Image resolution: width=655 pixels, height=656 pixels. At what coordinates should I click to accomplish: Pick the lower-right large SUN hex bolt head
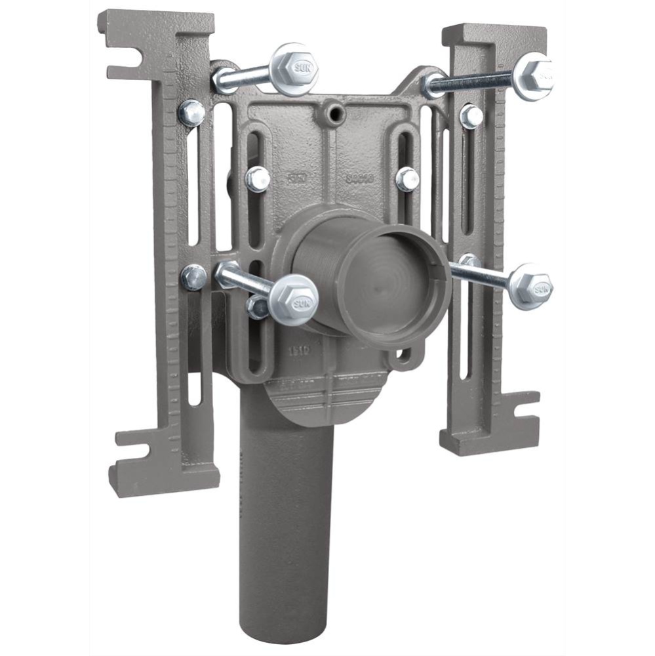tap(531, 286)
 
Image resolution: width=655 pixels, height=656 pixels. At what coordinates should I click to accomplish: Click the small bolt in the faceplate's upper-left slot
tap(258, 178)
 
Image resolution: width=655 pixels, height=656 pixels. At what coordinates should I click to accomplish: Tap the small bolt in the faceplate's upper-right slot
tap(407, 178)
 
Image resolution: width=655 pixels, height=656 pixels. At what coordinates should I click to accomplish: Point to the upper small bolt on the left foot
tap(191, 113)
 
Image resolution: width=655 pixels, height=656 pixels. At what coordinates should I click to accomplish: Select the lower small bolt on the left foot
tap(193, 277)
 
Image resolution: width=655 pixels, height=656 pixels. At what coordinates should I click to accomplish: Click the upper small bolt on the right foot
tap(471, 116)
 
